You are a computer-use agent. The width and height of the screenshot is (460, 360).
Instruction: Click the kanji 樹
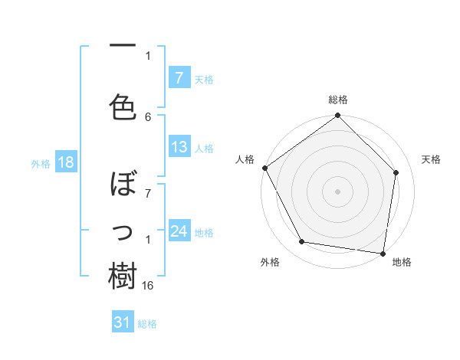(123, 274)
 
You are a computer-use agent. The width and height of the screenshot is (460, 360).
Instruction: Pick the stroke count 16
(149, 285)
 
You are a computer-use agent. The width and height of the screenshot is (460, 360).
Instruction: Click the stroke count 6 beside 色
(148, 116)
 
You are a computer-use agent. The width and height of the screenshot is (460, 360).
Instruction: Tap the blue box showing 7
(179, 78)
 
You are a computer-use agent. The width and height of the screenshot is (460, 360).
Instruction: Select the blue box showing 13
(179, 147)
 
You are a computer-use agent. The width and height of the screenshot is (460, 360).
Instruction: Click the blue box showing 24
(179, 231)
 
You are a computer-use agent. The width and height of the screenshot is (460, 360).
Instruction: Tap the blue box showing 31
(123, 322)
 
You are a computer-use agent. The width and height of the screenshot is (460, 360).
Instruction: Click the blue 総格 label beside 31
(147, 323)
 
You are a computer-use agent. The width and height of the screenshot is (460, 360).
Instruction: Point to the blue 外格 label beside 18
(41, 163)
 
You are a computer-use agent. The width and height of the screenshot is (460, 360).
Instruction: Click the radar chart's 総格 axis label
(338, 100)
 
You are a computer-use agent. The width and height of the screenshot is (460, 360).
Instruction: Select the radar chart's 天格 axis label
(432, 159)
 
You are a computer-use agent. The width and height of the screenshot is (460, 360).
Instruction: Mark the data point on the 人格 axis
(264, 168)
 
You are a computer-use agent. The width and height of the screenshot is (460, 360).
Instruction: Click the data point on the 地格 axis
(383, 253)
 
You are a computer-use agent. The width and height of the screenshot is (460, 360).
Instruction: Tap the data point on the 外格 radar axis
(301, 242)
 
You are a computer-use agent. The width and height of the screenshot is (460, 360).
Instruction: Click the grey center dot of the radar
(338, 191)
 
